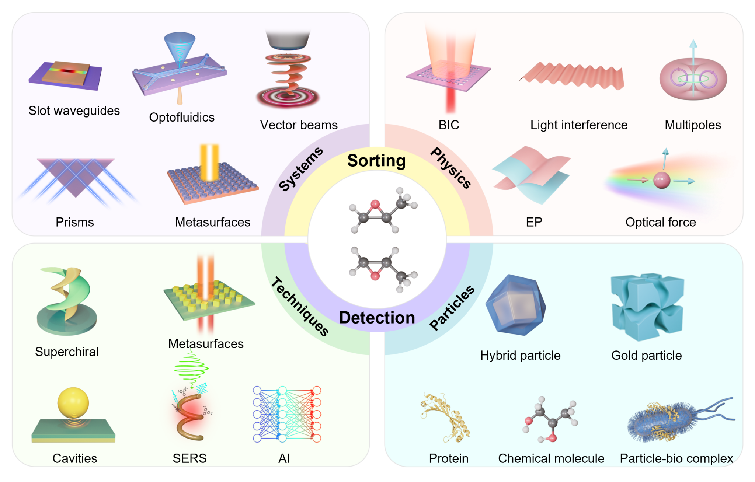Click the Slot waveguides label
(74, 111)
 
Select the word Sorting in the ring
(376, 161)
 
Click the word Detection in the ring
(377, 318)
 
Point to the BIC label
(449, 125)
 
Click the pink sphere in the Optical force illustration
(661, 180)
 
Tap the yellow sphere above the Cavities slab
(73, 402)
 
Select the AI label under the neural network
(284, 458)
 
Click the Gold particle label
(646, 356)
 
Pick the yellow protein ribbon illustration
(445, 417)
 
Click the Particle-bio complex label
(676, 458)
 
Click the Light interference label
(579, 125)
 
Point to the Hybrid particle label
(520, 356)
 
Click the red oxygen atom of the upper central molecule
(375, 204)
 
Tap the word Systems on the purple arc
(300, 169)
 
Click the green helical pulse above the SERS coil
(191, 368)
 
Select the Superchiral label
(67, 352)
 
